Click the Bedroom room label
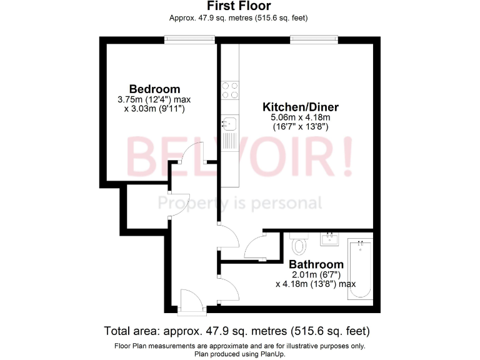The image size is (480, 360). (x=154, y=89)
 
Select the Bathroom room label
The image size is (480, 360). (x=316, y=264)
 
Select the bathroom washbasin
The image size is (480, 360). (x=329, y=237)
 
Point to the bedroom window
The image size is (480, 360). (x=189, y=39)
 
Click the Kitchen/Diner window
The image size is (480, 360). (x=314, y=39)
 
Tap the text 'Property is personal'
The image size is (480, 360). (x=239, y=203)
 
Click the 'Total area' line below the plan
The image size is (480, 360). (x=238, y=331)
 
